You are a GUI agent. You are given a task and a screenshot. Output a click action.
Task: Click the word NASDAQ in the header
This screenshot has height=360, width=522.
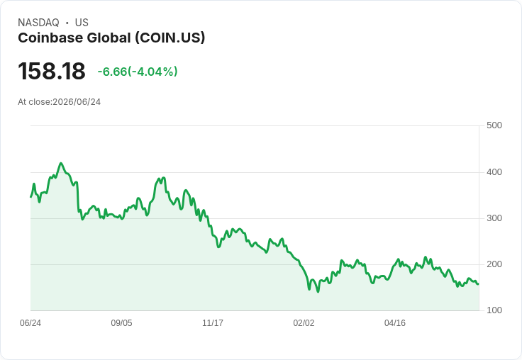coord(38,23)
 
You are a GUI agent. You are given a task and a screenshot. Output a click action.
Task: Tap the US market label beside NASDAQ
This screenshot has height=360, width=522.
coord(82,23)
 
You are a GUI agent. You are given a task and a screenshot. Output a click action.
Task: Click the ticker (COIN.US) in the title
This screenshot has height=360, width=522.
coord(170,38)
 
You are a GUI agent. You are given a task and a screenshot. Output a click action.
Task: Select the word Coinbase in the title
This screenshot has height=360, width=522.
coord(50,38)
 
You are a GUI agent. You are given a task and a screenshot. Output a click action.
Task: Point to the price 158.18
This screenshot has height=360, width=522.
coord(52,71)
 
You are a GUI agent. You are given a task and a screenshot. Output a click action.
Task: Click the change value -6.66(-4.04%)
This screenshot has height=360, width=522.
coord(138,72)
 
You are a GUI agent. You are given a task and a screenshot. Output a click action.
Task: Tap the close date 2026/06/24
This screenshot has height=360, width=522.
coord(77,102)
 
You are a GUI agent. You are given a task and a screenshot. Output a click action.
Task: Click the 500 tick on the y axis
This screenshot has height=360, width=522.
coord(494,125)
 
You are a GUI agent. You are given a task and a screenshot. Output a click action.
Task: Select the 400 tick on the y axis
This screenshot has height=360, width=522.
coord(494,172)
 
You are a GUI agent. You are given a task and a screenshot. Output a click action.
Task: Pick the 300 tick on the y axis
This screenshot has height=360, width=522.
coord(494,218)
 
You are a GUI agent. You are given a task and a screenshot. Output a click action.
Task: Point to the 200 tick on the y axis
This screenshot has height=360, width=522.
coord(494,264)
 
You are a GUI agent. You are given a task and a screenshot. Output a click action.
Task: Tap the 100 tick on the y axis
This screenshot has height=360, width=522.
coord(494,310)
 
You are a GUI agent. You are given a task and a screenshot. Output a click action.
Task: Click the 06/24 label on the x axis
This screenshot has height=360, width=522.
coord(30,323)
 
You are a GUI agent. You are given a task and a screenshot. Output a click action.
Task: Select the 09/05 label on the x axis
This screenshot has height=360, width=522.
coord(121,323)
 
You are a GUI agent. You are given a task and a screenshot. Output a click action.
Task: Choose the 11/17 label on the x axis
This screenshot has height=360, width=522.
coord(213,323)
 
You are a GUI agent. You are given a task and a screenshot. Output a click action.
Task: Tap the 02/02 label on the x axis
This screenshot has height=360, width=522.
coord(304,323)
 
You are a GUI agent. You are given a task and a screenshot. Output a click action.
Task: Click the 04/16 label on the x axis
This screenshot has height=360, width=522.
coord(395,323)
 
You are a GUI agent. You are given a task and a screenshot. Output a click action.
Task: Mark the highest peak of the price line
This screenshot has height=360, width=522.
coord(60,163)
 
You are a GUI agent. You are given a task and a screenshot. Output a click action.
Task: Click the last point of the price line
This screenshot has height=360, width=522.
coord(478,284)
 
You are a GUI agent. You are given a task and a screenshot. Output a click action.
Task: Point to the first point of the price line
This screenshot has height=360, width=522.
coord(31,197)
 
